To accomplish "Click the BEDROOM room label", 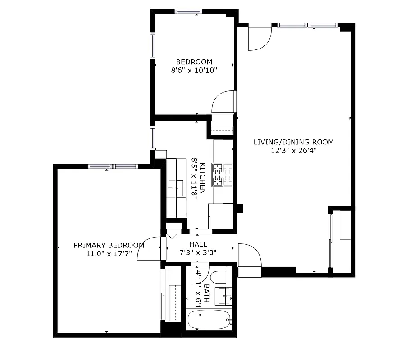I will coord(194,62).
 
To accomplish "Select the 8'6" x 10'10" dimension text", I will coord(194,70).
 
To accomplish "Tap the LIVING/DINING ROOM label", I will coord(293,142).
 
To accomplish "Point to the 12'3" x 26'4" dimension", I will coord(293,151).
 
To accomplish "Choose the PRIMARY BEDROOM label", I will coord(109,245).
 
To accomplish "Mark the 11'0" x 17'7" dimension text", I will coord(109,253).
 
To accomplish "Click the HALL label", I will coord(198,244).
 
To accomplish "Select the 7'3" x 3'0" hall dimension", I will coord(198,252).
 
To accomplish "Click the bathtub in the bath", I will coord(209,320).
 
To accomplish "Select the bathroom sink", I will coord(223,295).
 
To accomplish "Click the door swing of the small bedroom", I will coord(223,102).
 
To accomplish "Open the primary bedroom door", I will coord(150,249).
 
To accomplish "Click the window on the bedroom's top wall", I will coord(188,11).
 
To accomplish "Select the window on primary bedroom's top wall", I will coord(113,166).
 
